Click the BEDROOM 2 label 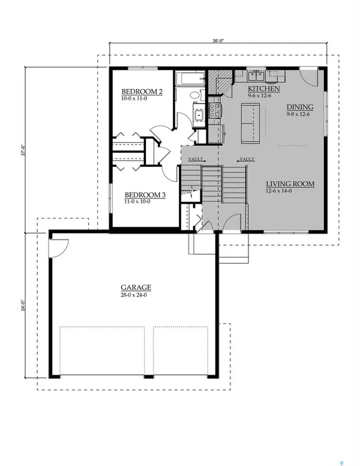[142, 91]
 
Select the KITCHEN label [264, 88]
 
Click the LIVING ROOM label [290, 184]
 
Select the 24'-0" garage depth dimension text [23, 306]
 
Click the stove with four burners [214, 110]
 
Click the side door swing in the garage [59, 247]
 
